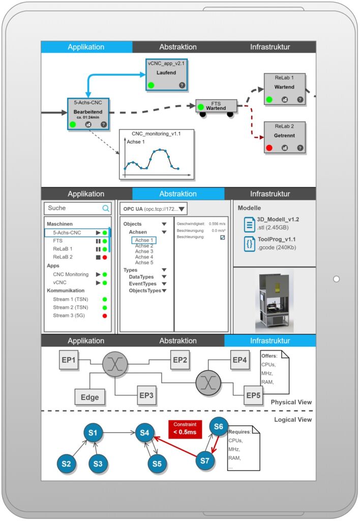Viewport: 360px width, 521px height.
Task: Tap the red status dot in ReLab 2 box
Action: tap(269, 148)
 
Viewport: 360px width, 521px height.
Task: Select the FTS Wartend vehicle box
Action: tap(216, 106)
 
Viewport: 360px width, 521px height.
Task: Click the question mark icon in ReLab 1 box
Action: tap(300, 100)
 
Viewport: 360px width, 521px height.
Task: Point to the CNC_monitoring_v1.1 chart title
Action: tap(156, 133)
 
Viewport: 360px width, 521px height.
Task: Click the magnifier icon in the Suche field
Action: tap(106, 208)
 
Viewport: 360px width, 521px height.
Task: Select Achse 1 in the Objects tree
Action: tap(144, 240)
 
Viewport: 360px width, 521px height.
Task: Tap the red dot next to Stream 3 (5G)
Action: tap(105, 315)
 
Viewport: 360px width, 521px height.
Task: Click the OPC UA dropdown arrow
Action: tap(182, 209)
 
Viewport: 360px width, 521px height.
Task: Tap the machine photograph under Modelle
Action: tap(275, 301)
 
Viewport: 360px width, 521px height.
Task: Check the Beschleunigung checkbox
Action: tap(222, 237)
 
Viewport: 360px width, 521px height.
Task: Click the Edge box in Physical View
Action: tap(89, 397)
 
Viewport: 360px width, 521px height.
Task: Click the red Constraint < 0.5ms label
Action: tap(185, 428)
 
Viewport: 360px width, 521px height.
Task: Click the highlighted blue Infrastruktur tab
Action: tap(270, 340)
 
